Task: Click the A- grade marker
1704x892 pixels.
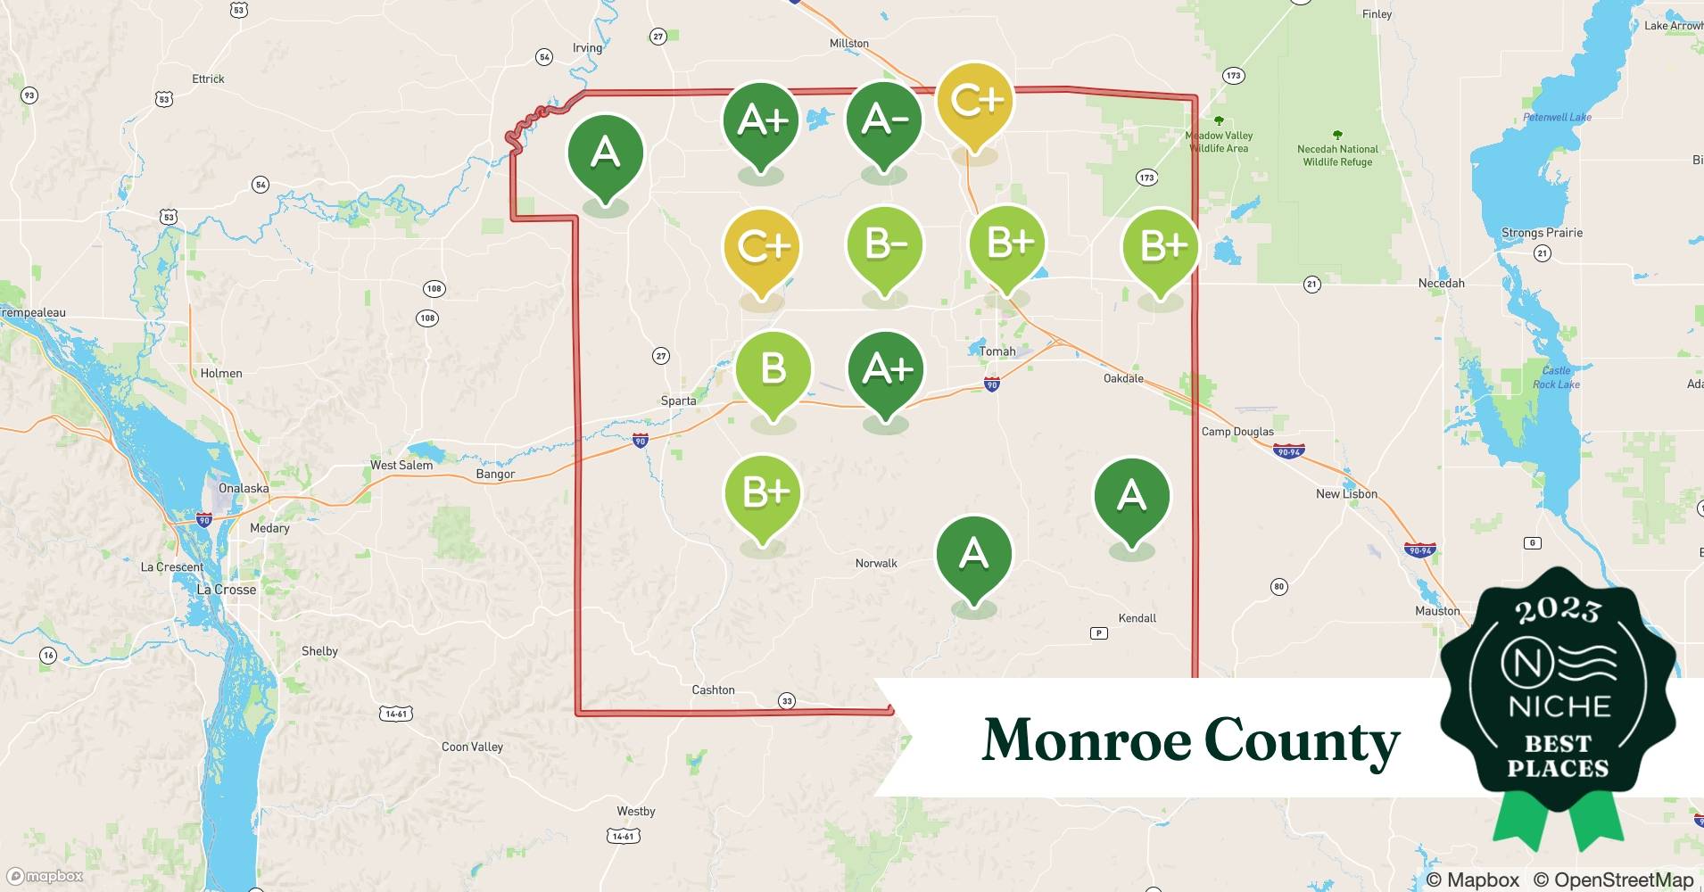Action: point(883,121)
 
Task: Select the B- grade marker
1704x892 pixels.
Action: point(883,245)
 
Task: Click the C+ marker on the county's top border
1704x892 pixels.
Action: point(975,101)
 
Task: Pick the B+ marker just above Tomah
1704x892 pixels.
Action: point(1008,244)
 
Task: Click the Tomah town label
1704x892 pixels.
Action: point(997,351)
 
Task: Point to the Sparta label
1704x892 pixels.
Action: point(678,401)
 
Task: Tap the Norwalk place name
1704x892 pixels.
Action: point(876,563)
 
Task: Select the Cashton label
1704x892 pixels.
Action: point(713,690)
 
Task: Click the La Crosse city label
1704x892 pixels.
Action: point(226,590)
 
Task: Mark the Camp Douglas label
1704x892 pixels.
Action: point(1237,431)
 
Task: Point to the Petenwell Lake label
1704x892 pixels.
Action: point(1557,117)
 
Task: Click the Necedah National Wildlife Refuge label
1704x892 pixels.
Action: point(1337,155)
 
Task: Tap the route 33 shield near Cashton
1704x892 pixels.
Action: point(786,700)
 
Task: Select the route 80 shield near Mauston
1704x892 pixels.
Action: point(1278,586)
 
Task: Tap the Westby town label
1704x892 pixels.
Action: point(635,811)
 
